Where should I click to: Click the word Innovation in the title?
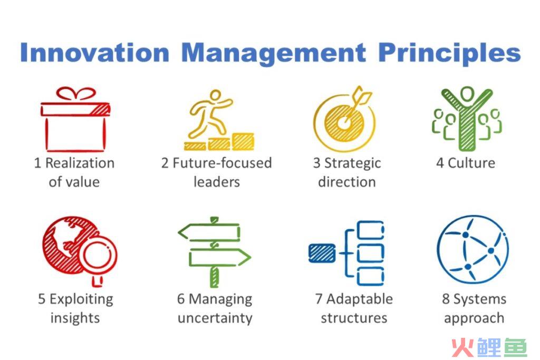coord(95,52)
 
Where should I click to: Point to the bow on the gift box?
coord(76,94)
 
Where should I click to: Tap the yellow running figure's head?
coord(216,95)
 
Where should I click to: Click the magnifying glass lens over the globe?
coord(98,255)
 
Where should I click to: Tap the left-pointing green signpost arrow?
coord(209,232)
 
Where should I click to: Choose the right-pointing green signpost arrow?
coord(220,257)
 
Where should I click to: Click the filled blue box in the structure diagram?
coord(322,253)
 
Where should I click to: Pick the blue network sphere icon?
coord(472,249)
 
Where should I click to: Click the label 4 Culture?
coord(466,163)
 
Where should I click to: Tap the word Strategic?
coord(353,163)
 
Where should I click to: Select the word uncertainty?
coord(215,318)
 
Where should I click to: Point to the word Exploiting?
coord(81,299)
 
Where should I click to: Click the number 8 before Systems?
coord(446,299)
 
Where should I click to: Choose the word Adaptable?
coord(360,299)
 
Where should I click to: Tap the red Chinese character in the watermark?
coord(463,347)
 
